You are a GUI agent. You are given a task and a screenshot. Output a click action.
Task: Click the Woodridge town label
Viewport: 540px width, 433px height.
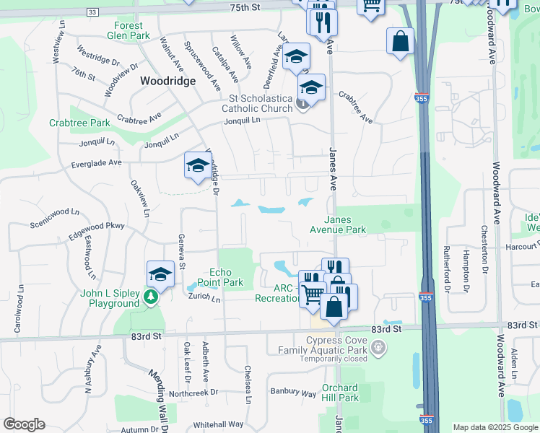tap(167, 82)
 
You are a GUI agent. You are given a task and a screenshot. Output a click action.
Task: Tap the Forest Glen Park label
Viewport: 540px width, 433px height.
tap(128, 30)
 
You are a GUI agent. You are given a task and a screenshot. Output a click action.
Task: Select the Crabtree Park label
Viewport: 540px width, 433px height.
tap(79, 123)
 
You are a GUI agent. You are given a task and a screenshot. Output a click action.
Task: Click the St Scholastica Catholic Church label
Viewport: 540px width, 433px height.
tap(261, 103)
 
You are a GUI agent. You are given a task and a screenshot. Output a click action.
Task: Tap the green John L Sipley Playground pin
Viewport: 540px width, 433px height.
tap(150, 297)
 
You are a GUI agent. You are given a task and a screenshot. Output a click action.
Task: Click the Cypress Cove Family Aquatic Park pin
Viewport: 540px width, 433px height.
tap(376, 349)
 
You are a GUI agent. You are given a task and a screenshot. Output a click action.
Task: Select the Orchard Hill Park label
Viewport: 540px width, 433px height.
tap(339, 393)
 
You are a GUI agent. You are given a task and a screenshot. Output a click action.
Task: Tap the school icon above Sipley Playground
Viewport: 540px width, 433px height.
tap(161, 274)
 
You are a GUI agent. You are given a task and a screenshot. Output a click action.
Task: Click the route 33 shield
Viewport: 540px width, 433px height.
tap(92, 12)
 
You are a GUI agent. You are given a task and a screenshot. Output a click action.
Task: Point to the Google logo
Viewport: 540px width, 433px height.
tap(25, 424)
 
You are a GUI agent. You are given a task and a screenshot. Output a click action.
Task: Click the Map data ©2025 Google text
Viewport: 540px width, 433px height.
tap(495, 427)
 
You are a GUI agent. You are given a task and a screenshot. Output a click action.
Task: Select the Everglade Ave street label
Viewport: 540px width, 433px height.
tap(96, 163)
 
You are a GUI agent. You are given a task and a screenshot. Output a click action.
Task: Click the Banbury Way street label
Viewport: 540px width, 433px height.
tap(293, 393)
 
